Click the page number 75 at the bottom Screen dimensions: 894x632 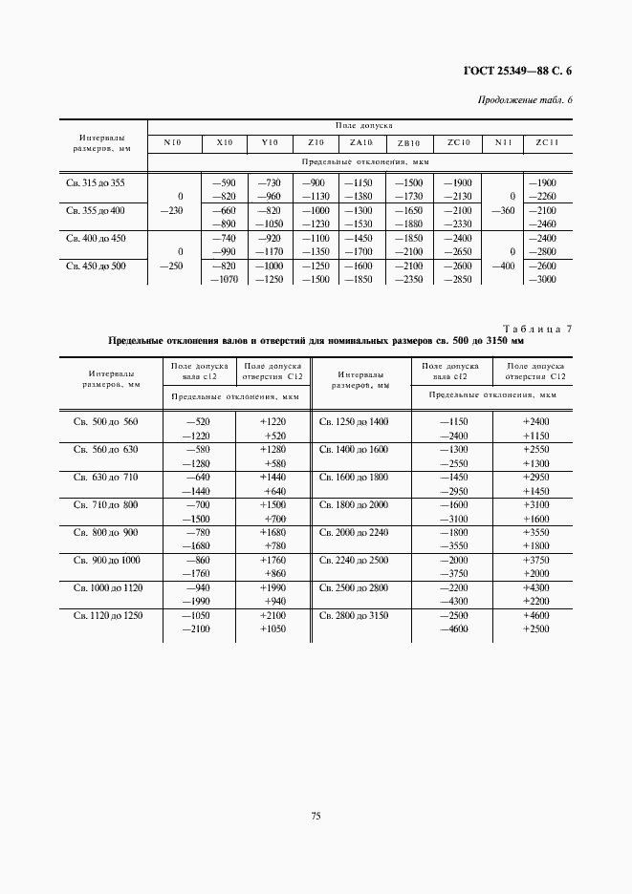[315, 816]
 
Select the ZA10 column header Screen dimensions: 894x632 [360, 142]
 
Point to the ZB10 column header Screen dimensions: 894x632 [408, 143]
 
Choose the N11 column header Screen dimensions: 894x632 [503, 142]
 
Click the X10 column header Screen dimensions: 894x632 [224, 142]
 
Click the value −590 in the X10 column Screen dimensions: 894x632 [224, 181]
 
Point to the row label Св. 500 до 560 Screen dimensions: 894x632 [106, 421]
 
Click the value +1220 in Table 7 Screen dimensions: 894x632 [273, 421]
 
